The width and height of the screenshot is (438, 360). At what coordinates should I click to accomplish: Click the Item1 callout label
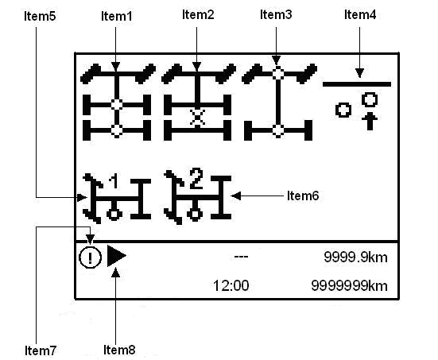pos(117,16)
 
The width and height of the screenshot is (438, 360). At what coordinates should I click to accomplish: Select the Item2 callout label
pos(198,14)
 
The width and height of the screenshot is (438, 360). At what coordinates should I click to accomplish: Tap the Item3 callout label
pos(276,14)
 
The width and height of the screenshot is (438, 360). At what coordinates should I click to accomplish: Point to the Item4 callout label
pos(360,14)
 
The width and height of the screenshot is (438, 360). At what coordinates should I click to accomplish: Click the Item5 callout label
pos(40,16)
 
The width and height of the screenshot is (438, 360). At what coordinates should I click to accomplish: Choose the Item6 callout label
pos(303,195)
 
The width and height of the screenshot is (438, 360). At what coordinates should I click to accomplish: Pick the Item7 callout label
pos(41,350)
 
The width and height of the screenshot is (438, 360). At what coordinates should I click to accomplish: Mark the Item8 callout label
pos(119,350)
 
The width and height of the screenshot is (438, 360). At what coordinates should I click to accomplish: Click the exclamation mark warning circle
pos(91,257)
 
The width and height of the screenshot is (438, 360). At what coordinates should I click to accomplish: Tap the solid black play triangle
pos(116,256)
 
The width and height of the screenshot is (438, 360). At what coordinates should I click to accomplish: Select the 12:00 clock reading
pos(231,286)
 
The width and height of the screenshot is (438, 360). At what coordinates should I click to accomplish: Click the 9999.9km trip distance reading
pos(355,257)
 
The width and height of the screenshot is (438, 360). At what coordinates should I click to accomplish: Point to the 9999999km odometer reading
pos(349,286)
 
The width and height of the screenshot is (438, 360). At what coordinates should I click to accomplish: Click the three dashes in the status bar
pos(241,257)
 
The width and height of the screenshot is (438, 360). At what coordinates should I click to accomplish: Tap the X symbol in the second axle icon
pos(197,117)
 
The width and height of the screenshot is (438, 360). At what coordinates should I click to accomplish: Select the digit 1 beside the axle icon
pos(114,181)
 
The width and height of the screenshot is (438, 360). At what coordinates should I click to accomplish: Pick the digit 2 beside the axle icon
pos(196,179)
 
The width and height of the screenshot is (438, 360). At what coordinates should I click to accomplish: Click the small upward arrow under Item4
pos(370,122)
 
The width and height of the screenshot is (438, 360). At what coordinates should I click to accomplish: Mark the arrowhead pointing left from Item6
pos(236,195)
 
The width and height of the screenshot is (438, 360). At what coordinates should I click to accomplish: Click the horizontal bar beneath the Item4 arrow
pos(357,84)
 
